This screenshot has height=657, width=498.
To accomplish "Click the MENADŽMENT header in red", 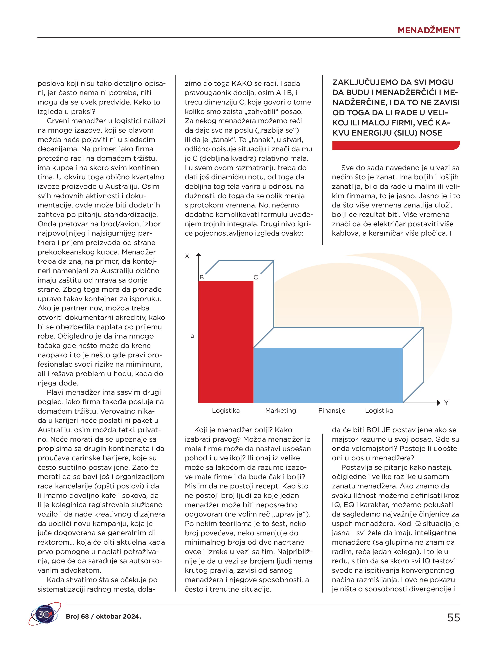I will click(429, 30).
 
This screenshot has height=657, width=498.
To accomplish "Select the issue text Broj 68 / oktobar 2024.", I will click(103, 616).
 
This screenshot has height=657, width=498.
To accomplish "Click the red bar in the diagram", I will click(226, 342).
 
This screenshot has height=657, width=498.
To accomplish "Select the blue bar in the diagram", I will click(328, 375).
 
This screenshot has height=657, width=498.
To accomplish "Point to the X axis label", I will click(187, 256).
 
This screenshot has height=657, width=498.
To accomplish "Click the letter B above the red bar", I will click(201, 277).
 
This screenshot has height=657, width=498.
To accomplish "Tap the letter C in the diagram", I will click(256, 277).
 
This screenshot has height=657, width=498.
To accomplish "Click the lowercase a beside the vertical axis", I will click(192, 336).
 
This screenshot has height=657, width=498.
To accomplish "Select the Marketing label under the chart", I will click(281, 410).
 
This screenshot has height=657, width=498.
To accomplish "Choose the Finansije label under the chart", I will click(332, 410).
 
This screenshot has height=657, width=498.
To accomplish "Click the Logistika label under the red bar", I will click(226, 410).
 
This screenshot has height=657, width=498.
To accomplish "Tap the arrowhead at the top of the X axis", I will click(199, 254).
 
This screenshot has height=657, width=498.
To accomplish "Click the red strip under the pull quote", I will click(395, 146).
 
